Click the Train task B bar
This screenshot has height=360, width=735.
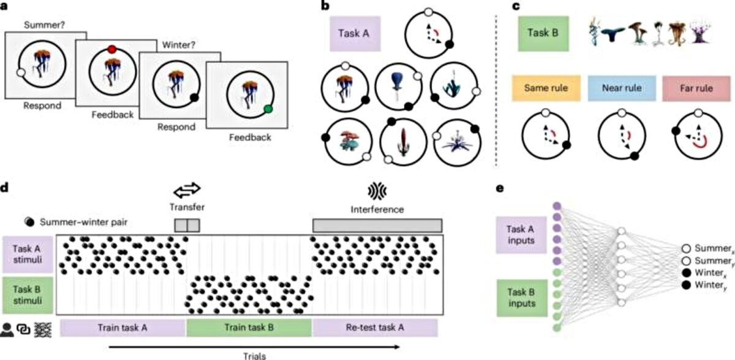coord(249,328)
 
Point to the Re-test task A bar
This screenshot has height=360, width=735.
coord(375,328)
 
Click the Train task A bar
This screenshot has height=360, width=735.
coord(123,328)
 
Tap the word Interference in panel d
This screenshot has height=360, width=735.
coord(378,209)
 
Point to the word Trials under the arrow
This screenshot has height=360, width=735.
coord(249,354)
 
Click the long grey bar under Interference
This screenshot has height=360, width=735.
coord(377,225)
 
